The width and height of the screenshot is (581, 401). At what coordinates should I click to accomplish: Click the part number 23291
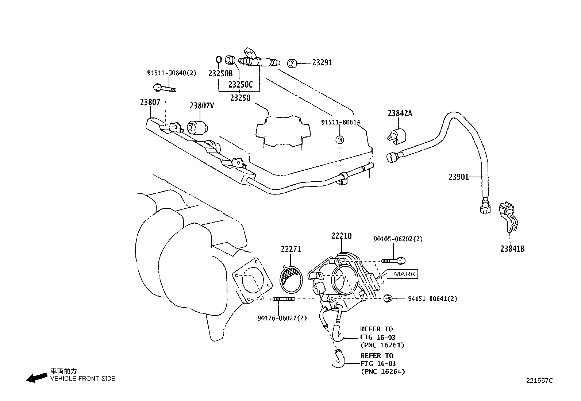tap(322, 63)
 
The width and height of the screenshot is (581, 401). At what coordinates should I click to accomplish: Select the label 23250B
tap(220, 73)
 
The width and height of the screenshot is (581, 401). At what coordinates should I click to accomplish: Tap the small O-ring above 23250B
tap(219, 59)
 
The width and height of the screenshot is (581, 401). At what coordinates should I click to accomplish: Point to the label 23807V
tap(201, 106)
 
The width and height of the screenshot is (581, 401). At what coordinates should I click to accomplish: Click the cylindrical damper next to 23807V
tap(197, 127)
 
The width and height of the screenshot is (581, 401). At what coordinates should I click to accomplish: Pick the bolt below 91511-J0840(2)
tap(164, 88)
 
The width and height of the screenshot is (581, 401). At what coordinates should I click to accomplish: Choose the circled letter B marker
tap(340, 139)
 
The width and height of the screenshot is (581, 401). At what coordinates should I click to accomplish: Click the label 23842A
tap(400, 113)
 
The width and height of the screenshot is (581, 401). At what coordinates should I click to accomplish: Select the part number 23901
tap(458, 177)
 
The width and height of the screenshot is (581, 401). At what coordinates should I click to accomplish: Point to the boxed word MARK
tap(404, 274)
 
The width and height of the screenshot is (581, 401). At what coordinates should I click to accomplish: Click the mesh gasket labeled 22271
tap(291, 280)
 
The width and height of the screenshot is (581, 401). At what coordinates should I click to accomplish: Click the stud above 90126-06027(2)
tap(284, 299)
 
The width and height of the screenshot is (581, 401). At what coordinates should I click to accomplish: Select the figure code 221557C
tap(539, 380)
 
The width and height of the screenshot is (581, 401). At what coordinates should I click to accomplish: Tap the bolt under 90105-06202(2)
tap(394, 261)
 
